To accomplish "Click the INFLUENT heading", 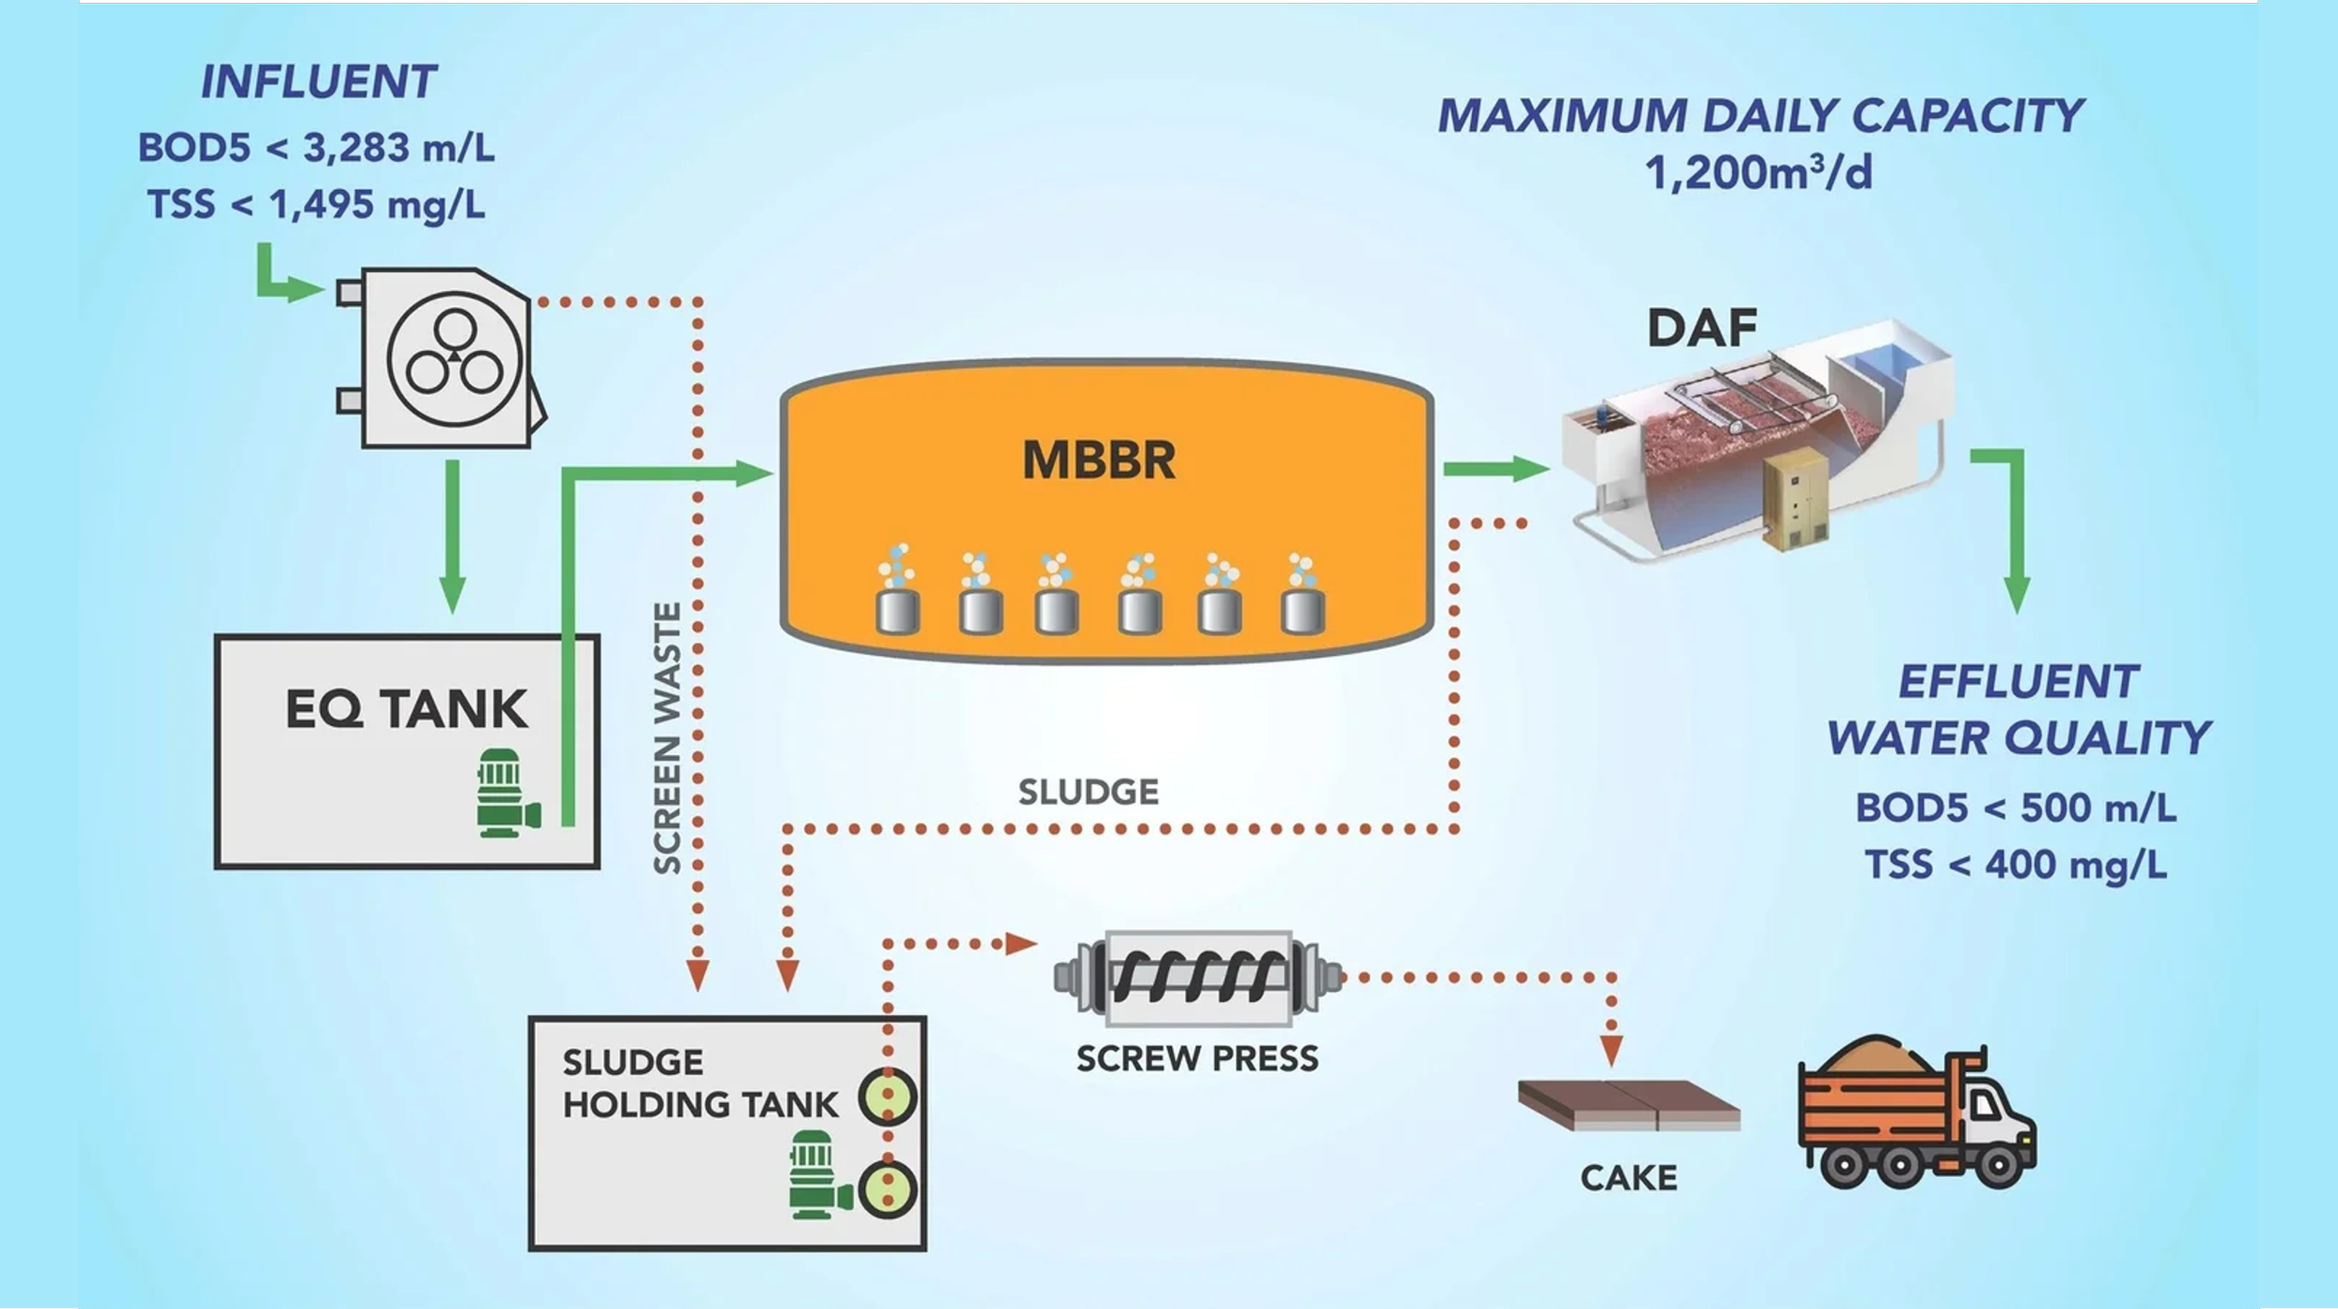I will tap(318, 82).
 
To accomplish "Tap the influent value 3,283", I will tap(356, 148).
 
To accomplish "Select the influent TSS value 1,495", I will tap(322, 205).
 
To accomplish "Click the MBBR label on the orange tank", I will tap(1099, 460).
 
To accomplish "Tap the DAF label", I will tap(1701, 328).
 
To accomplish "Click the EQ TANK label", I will tap(406, 708).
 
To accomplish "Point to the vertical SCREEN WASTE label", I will tap(667, 739).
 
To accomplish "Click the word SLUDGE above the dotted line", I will tap(1088, 793).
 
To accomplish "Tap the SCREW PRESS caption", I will tap(1197, 1058).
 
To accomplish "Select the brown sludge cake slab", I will tap(1627, 1104).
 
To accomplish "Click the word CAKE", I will tap(1628, 1178).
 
